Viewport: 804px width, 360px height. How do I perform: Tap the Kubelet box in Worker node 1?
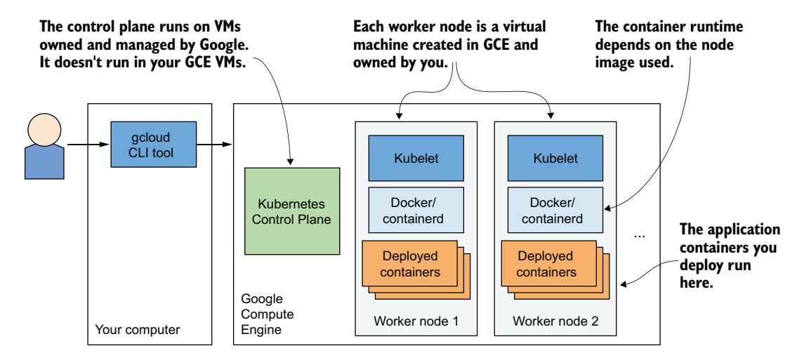[408, 159]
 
